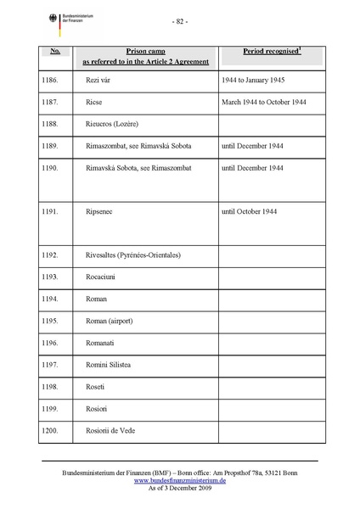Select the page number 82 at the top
(180, 21)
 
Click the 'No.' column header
(55, 51)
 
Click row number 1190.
(52, 168)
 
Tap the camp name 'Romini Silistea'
(111, 366)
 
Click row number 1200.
(52, 430)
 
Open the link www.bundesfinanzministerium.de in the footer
(179, 480)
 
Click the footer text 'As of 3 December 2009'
(179, 489)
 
